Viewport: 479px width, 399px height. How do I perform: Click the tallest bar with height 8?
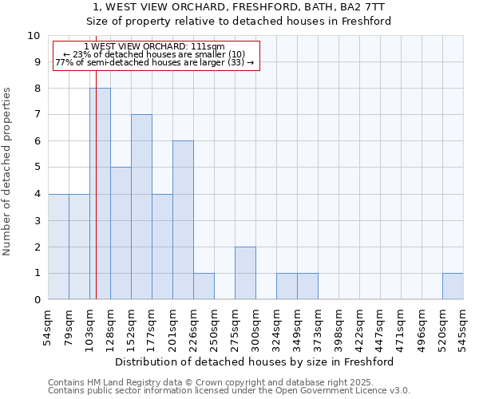[x=100, y=194]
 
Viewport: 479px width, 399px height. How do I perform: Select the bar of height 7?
[x=141, y=207]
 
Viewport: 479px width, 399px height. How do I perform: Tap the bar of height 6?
[x=183, y=220]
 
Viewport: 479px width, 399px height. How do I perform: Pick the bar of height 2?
[x=245, y=273]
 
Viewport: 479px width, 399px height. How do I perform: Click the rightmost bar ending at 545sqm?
[x=453, y=286]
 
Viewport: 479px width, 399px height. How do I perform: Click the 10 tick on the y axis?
[x=34, y=36]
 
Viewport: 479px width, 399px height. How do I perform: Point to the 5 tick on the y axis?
[x=37, y=168]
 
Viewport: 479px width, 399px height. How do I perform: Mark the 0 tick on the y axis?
[x=37, y=300]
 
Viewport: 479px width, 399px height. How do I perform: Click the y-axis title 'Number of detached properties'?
[x=8, y=172]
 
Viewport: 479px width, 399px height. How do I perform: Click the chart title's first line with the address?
[x=239, y=7]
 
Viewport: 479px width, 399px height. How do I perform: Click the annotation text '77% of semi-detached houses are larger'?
[x=155, y=62]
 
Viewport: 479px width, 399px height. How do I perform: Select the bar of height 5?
[x=121, y=233]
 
